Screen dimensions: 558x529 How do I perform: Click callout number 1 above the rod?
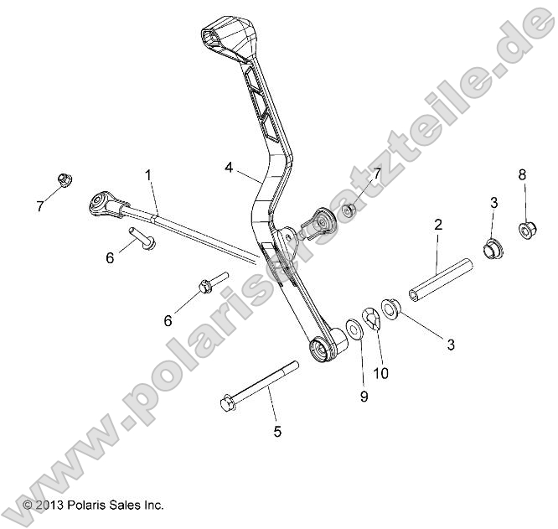tap(148, 175)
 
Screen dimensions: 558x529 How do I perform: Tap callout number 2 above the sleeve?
tap(437, 224)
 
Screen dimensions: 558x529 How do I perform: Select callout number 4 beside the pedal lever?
tap(229, 167)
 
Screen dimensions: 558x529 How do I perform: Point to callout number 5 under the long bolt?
tap(277, 432)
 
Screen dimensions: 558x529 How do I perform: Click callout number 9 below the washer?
tap(364, 397)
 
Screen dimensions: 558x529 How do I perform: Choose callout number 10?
tap(380, 374)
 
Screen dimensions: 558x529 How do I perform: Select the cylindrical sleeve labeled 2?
tap(441, 279)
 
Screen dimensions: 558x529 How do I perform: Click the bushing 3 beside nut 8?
tap(492, 249)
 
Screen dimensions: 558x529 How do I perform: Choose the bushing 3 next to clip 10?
tap(390, 309)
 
